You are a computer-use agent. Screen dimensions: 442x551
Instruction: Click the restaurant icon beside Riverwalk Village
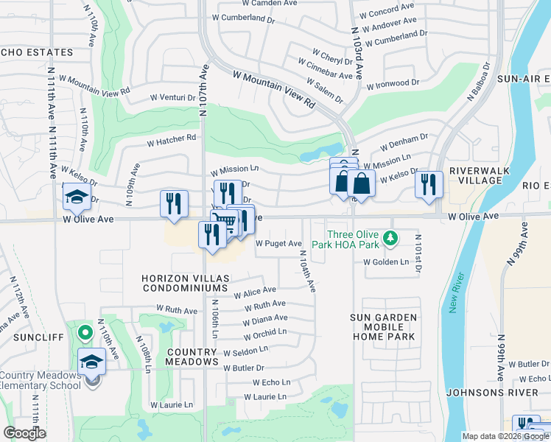click(429, 184)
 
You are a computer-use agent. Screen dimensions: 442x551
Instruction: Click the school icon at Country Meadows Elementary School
click(92, 362)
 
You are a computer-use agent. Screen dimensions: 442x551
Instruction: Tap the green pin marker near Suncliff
click(85, 333)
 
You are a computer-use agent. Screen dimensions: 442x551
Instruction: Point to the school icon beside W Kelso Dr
click(76, 196)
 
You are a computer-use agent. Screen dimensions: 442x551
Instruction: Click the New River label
click(455, 292)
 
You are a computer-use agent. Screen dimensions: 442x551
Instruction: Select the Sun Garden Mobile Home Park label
click(384, 326)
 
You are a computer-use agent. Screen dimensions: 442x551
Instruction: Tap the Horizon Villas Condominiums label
click(186, 284)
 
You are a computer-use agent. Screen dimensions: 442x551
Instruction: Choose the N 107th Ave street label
click(204, 90)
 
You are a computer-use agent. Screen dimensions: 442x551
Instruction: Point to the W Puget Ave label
click(278, 244)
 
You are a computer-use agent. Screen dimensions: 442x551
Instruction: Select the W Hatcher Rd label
click(172, 138)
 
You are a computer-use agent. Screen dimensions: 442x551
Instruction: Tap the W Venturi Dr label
click(175, 97)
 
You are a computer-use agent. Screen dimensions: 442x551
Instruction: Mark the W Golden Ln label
click(386, 262)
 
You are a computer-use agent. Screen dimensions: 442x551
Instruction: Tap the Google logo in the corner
click(25, 433)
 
